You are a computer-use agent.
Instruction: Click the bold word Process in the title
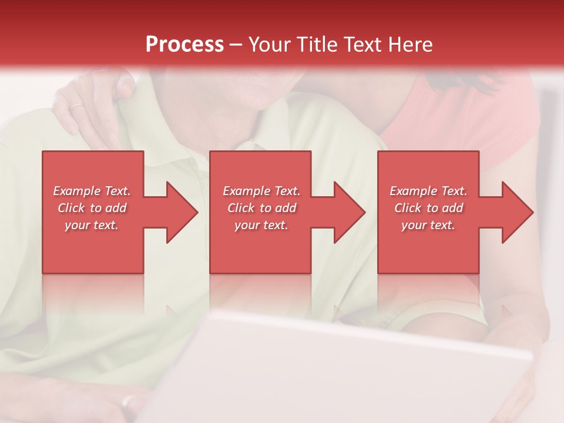point(184,45)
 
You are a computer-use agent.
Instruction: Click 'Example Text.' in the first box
point(92,191)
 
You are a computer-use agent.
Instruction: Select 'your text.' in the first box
point(92,225)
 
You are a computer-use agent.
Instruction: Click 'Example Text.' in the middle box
point(261,191)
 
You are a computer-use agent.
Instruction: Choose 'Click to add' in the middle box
point(261,208)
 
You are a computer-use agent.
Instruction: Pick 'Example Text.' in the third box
point(428,191)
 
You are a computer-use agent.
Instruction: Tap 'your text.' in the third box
point(428,225)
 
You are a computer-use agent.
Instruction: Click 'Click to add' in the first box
point(92,208)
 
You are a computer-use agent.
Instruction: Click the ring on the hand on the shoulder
point(77,106)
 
